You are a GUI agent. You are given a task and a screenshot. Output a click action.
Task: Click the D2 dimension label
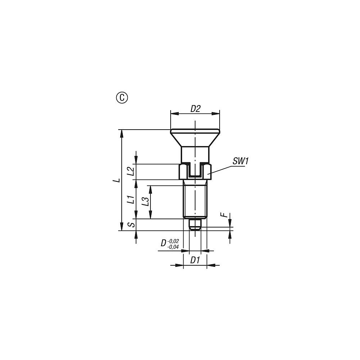(195, 109)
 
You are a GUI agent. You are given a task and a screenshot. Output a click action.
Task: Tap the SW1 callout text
(240, 161)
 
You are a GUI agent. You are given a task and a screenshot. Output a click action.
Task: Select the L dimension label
(118, 180)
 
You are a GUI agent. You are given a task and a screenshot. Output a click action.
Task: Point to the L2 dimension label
(131, 171)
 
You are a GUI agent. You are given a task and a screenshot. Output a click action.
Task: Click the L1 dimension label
(131, 199)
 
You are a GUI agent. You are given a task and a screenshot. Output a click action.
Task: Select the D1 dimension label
(195, 260)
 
